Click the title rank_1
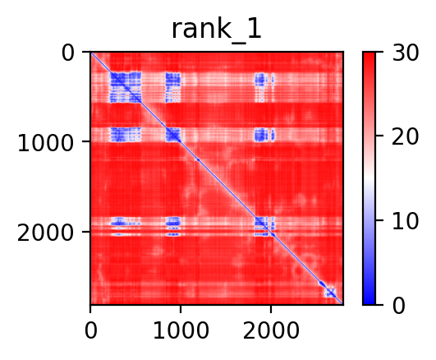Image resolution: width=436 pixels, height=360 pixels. [216, 30]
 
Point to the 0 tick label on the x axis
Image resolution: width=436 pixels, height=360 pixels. [90, 331]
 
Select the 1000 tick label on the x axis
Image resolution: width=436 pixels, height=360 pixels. [181, 331]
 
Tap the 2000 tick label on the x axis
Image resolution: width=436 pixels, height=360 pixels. [271, 331]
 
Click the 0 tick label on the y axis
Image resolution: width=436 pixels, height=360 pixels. [68, 53]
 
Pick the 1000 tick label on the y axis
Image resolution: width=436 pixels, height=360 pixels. [45, 143]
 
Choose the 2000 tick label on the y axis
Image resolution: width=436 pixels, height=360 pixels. [45, 233]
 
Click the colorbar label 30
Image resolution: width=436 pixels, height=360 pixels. [406, 53]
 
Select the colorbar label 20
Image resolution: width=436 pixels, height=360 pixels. [406, 136]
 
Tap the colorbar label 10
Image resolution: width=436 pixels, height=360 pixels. [406, 221]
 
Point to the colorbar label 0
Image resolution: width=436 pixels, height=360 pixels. [399, 306]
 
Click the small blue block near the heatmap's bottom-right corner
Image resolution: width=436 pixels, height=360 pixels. [331, 293]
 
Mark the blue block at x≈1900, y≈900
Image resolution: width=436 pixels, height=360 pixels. [261, 135]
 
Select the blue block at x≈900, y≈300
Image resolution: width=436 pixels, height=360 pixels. [173, 87]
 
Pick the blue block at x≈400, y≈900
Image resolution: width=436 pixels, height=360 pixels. [126, 135]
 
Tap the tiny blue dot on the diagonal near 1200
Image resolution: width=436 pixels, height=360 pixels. [198, 159]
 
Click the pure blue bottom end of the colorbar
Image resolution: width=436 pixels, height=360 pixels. [369, 302]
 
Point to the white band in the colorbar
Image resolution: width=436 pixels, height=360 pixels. [369, 178]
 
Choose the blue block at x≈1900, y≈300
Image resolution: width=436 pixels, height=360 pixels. [261, 87]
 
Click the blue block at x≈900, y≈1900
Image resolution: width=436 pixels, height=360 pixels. [173, 226]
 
